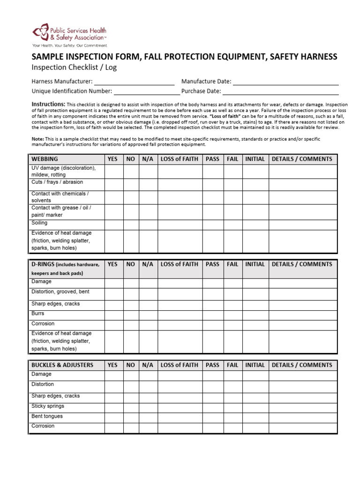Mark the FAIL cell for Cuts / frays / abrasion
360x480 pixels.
[x=232, y=184]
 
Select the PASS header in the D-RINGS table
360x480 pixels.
[x=212, y=264]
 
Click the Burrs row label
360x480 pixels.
[x=38, y=314]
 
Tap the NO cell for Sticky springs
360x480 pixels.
[x=131, y=407]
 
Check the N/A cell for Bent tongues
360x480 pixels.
[x=148, y=417]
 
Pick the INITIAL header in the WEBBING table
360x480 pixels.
[x=255, y=159]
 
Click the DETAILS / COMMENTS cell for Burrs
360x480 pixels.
[x=302, y=315]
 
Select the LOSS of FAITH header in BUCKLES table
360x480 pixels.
[x=180, y=365]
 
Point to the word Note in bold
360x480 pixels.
[x=37, y=139]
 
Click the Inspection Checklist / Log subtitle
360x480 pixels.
[x=74, y=67]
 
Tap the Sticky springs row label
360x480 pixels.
[x=48, y=406]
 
